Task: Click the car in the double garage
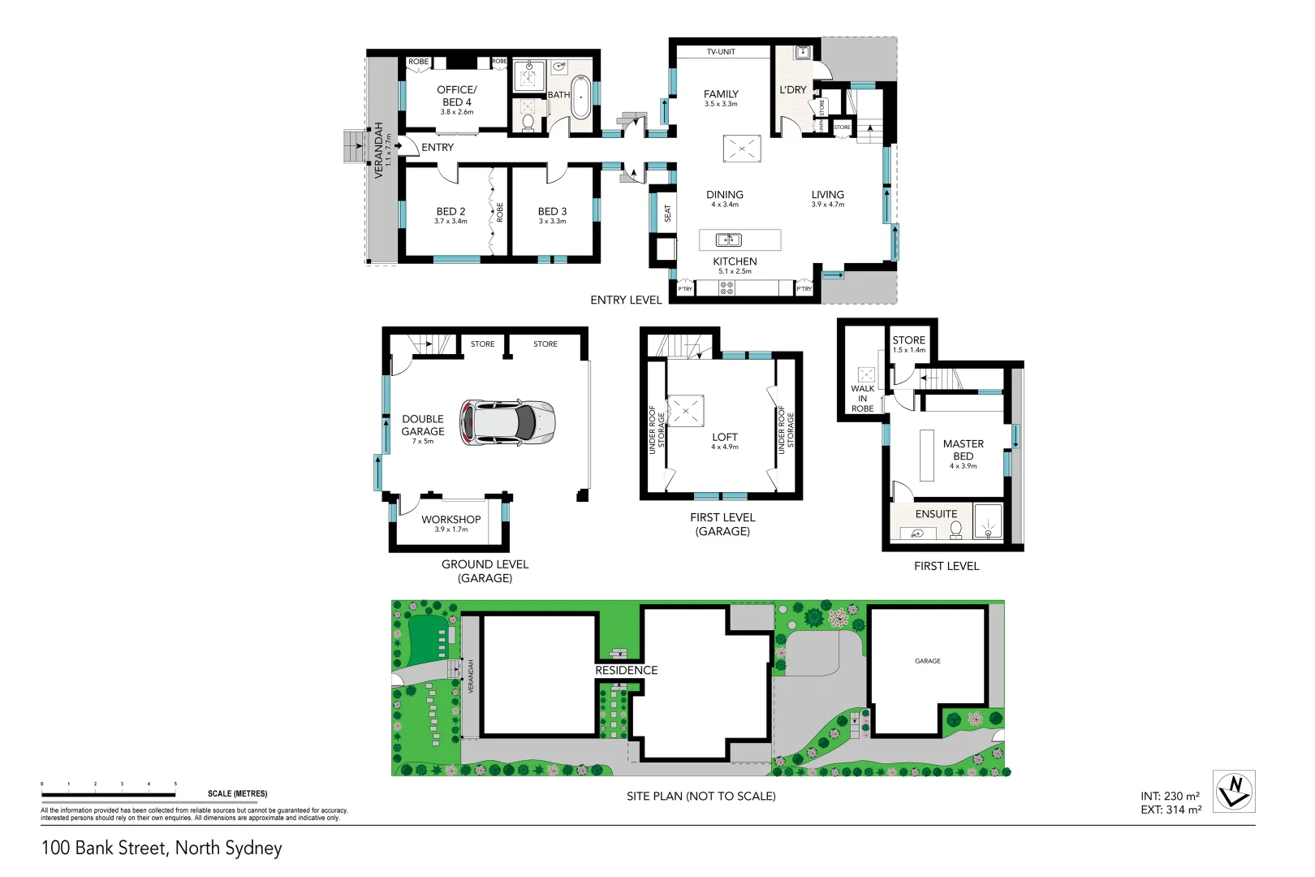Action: coord(508,422)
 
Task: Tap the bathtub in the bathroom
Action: coord(581,97)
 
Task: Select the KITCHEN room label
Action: coord(735,261)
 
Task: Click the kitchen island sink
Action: coord(728,240)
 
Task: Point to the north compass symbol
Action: coord(1234,791)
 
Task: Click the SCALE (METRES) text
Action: coord(237,793)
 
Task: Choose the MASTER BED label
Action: coord(963,450)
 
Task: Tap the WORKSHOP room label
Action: coord(451,520)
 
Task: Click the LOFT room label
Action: coord(725,437)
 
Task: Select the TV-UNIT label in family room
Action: coord(721,52)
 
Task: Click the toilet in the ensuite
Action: coord(956,529)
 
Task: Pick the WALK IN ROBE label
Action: coord(862,399)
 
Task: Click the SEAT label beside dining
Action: coord(668,213)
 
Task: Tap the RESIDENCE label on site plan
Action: coord(626,671)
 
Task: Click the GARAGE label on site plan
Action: coord(928,661)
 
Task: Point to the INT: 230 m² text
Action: coord(1170,796)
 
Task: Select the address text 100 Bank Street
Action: coord(162,848)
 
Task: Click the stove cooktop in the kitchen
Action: coord(726,288)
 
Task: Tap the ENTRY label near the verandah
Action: coord(438,148)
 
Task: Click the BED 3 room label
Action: coord(552,211)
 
